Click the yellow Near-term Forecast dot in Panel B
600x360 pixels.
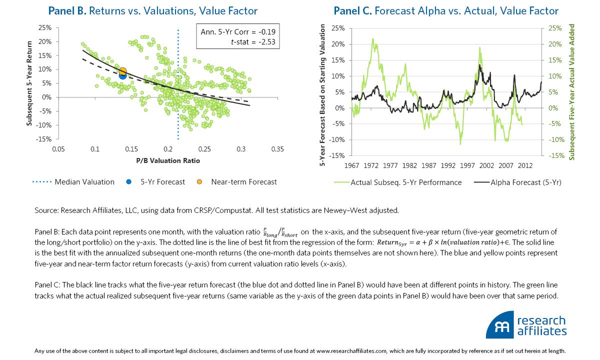click(x=122, y=71)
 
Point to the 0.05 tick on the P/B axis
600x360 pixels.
click(x=58, y=149)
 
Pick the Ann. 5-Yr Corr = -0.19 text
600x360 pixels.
click(x=237, y=32)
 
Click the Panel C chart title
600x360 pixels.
click(x=446, y=11)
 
